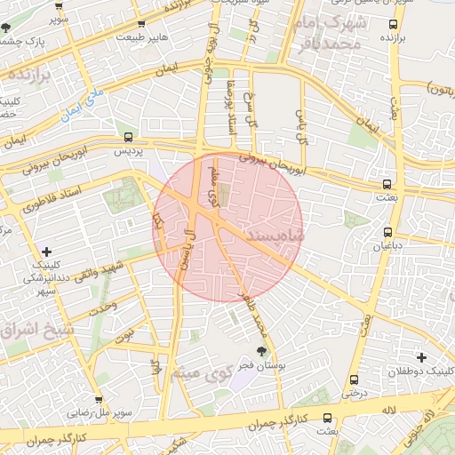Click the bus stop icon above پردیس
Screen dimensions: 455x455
point(129,137)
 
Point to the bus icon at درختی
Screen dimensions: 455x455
point(355,379)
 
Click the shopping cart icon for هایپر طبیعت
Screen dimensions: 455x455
point(142,24)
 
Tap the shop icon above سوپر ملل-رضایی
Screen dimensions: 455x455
point(98,400)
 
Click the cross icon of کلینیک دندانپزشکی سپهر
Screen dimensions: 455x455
point(47,251)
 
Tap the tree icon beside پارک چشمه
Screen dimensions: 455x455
point(7,28)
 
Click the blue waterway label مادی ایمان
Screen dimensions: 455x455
point(83,104)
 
